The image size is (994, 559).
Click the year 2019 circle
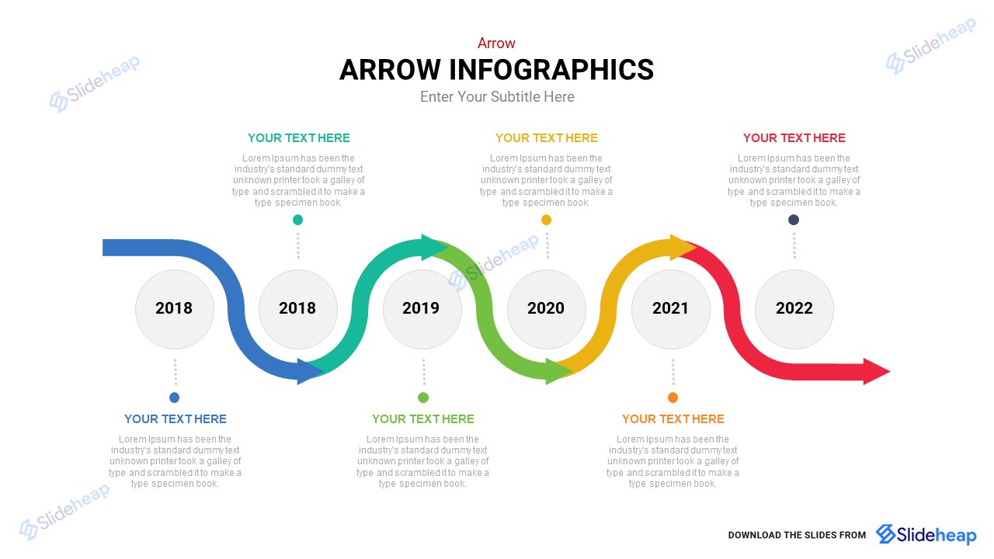pyautogui.click(x=422, y=309)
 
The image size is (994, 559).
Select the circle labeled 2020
pyautogui.click(x=546, y=309)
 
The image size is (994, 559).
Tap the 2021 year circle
pyautogui.click(x=670, y=309)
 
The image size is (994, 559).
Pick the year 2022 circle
pyautogui.click(x=794, y=309)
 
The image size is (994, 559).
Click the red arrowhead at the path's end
pyautogui.click(x=875, y=371)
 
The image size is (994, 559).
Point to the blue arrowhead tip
pyautogui.click(x=324, y=371)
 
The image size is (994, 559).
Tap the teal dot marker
pyautogui.click(x=297, y=220)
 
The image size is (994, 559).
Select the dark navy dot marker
pyautogui.click(x=794, y=220)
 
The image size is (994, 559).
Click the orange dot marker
pyautogui.click(x=673, y=398)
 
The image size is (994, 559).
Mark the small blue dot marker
pyautogui.click(x=175, y=398)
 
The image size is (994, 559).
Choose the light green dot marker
pyautogui.click(x=423, y=398)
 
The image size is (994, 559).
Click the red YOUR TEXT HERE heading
pyautogui.click(x=794, y=138)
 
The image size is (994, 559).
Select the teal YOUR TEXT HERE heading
pyautogui.click(x=299, y=138)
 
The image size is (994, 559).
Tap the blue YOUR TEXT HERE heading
pyautogui.click(x=176, y=418)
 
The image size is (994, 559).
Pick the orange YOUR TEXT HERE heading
pyautogui.click(x=673, y=418)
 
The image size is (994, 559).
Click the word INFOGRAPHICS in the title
pyautogui.click(x=551, y=70)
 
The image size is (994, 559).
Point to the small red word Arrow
pyautogui.click(x=496, y=43)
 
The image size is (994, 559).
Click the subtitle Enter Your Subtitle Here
pyautogui.click(x=497, y=97)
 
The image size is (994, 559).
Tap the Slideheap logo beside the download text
pyautogui.click(x=926, y=534)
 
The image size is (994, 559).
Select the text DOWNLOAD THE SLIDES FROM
pyautogui.click(x=797, y=535)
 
